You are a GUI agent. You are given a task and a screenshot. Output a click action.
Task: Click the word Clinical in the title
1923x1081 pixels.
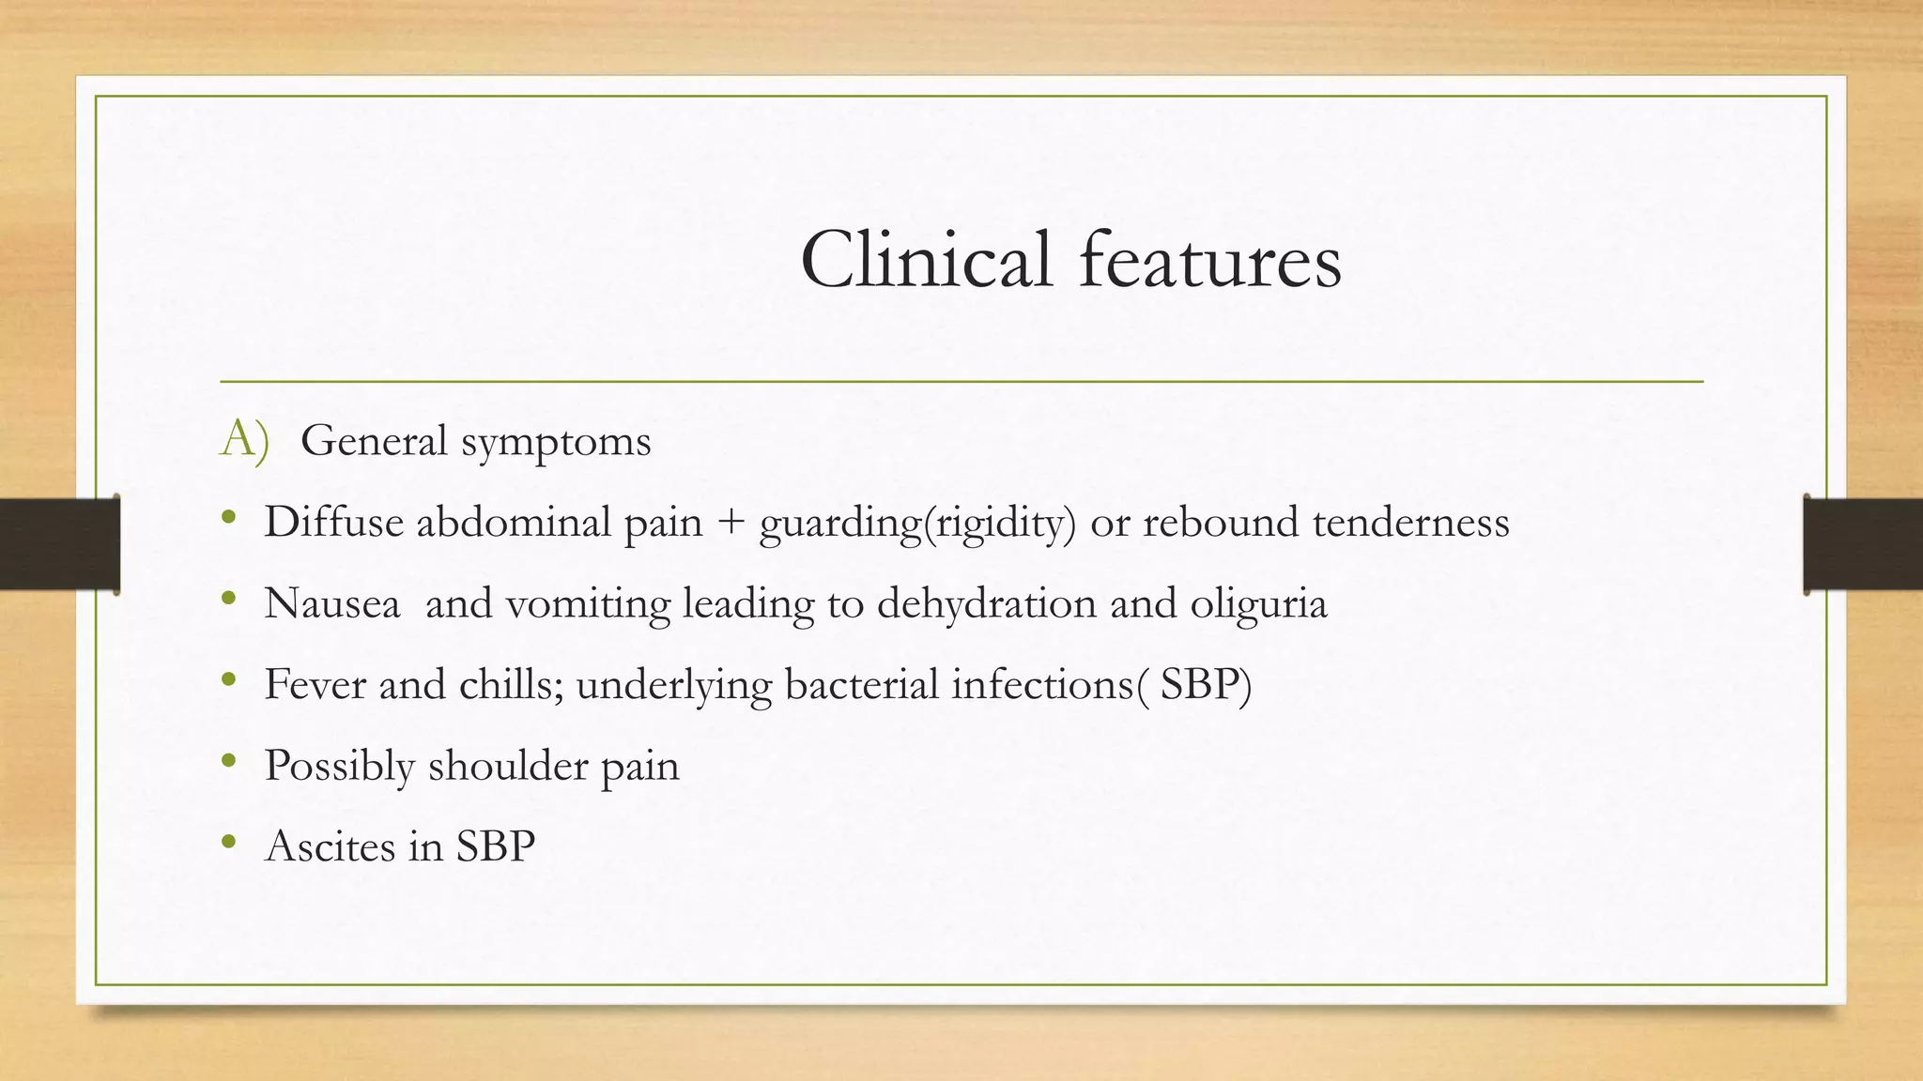coord(926,260)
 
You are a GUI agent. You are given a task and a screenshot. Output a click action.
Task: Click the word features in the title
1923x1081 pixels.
coord(1210,260)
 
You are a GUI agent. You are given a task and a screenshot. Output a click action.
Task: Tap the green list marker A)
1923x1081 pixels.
coord(244,439)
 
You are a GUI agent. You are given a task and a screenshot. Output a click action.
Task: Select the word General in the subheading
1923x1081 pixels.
coord(374,441)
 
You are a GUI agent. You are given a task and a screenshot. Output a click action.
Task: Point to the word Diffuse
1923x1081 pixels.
coord(333,522)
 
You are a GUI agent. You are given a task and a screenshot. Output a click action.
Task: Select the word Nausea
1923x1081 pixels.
coord(332,603)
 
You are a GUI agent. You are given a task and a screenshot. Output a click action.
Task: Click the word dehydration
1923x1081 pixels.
coord(987,603)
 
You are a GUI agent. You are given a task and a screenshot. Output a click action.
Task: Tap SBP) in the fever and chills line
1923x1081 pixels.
coord(1206,684)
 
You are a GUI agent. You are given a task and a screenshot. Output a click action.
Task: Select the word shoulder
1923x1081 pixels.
coord(507,766)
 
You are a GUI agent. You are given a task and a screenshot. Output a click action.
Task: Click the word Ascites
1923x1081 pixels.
coord(331,846)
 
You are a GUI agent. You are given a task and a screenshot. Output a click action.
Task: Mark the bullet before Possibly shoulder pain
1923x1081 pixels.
coord(229,762)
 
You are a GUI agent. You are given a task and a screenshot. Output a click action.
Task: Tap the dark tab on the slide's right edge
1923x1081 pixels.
coord(1863,544)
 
